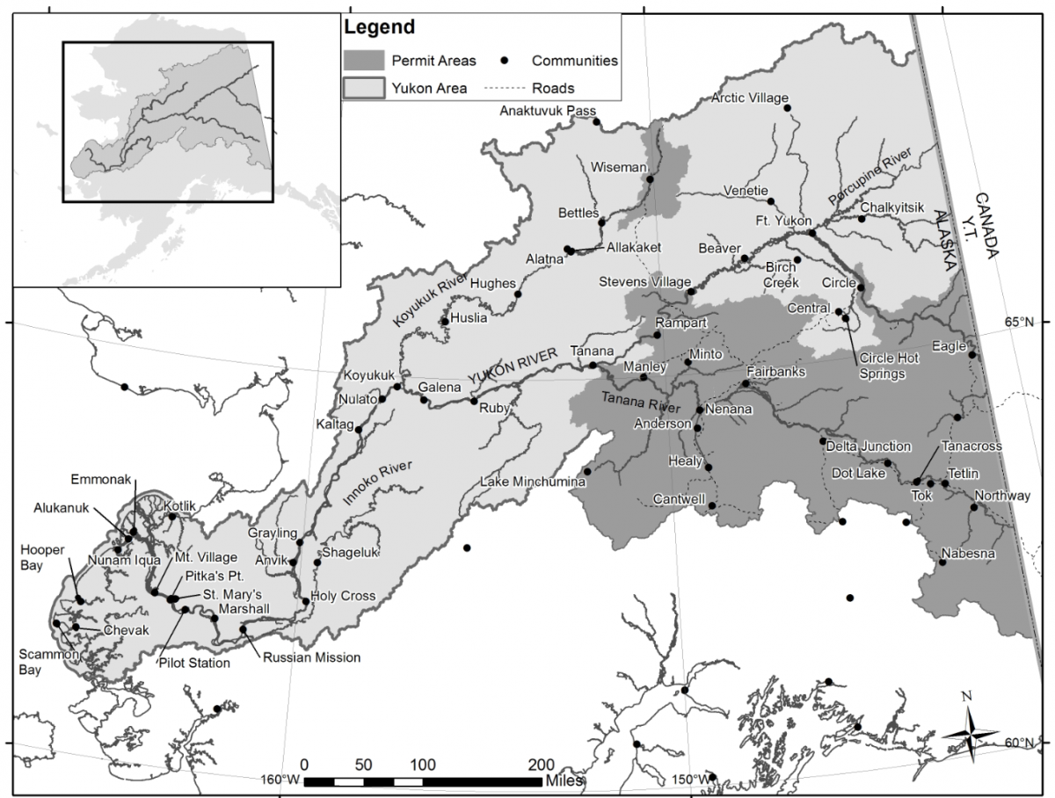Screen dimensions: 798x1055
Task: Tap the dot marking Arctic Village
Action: [x=787, y=108]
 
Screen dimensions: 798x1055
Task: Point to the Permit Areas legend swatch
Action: [x=363, y=61]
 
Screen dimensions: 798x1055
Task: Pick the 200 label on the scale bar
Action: [x=542, y=763]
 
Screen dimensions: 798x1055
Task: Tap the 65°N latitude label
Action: [x=1021, y=322]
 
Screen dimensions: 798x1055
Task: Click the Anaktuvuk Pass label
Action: [x=547, y=111]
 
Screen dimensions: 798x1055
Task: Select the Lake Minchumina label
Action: [x=528, y=482]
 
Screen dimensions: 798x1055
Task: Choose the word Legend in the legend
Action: [x=379, y=27]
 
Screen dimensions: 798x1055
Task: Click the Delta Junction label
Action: [x=869, y=446]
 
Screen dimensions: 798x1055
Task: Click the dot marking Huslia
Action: [x=445, y=322]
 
